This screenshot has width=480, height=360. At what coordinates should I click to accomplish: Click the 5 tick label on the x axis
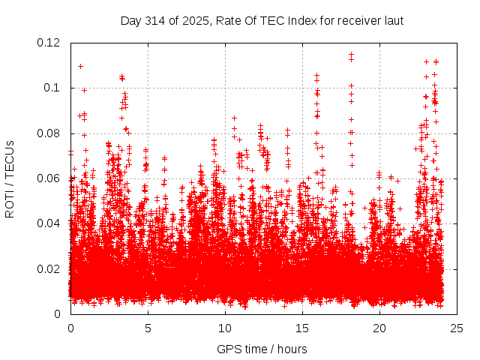[148, 328]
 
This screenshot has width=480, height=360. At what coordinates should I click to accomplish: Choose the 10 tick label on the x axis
[225, 328]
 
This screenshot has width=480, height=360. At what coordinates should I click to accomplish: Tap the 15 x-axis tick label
[302, 328]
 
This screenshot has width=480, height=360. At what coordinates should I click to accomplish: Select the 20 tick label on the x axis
[379, 328]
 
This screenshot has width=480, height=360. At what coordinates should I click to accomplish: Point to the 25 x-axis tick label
[457, 328]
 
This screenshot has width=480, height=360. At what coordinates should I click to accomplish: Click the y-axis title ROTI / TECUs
[10, 178]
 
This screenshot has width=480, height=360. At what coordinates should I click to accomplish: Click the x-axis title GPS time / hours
[262, 349]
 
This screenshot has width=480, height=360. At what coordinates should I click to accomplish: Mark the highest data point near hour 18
[351, 55]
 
